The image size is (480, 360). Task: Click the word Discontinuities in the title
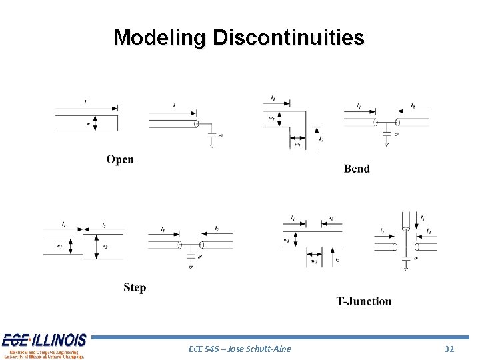tap(288, 37)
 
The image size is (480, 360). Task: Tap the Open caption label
tap(120, 159)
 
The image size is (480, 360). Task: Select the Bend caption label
tap(357, 169)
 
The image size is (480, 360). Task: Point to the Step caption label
tap(135, 287)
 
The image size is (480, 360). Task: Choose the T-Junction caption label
tap(363, 301)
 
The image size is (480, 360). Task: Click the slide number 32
tap(449, 349)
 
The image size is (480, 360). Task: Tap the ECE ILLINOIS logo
tap(44, 346)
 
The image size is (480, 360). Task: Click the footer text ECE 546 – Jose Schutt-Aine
tap(240, 349)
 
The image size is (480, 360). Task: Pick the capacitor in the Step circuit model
tap(190, 257)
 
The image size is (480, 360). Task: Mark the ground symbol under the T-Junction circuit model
tap(406, 269)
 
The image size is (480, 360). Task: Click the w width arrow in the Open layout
tap(95, 124)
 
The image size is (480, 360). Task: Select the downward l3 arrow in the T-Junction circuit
tap(415, 219)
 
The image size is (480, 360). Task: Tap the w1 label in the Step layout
tap(59, 246)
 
